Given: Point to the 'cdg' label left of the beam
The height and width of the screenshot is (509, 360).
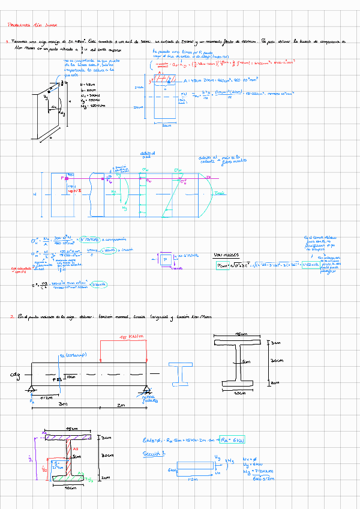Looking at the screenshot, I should click(16, 375).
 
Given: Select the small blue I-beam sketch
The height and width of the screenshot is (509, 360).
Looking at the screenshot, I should click(180, 375).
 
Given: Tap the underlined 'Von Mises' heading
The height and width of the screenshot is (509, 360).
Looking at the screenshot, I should click(225, 255).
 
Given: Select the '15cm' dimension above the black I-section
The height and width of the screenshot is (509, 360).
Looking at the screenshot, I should click(241, 334).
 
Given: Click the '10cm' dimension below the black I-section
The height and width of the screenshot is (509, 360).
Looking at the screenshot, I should click(240, 394).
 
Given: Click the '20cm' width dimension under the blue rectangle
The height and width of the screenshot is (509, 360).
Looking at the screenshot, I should click(167, 125).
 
